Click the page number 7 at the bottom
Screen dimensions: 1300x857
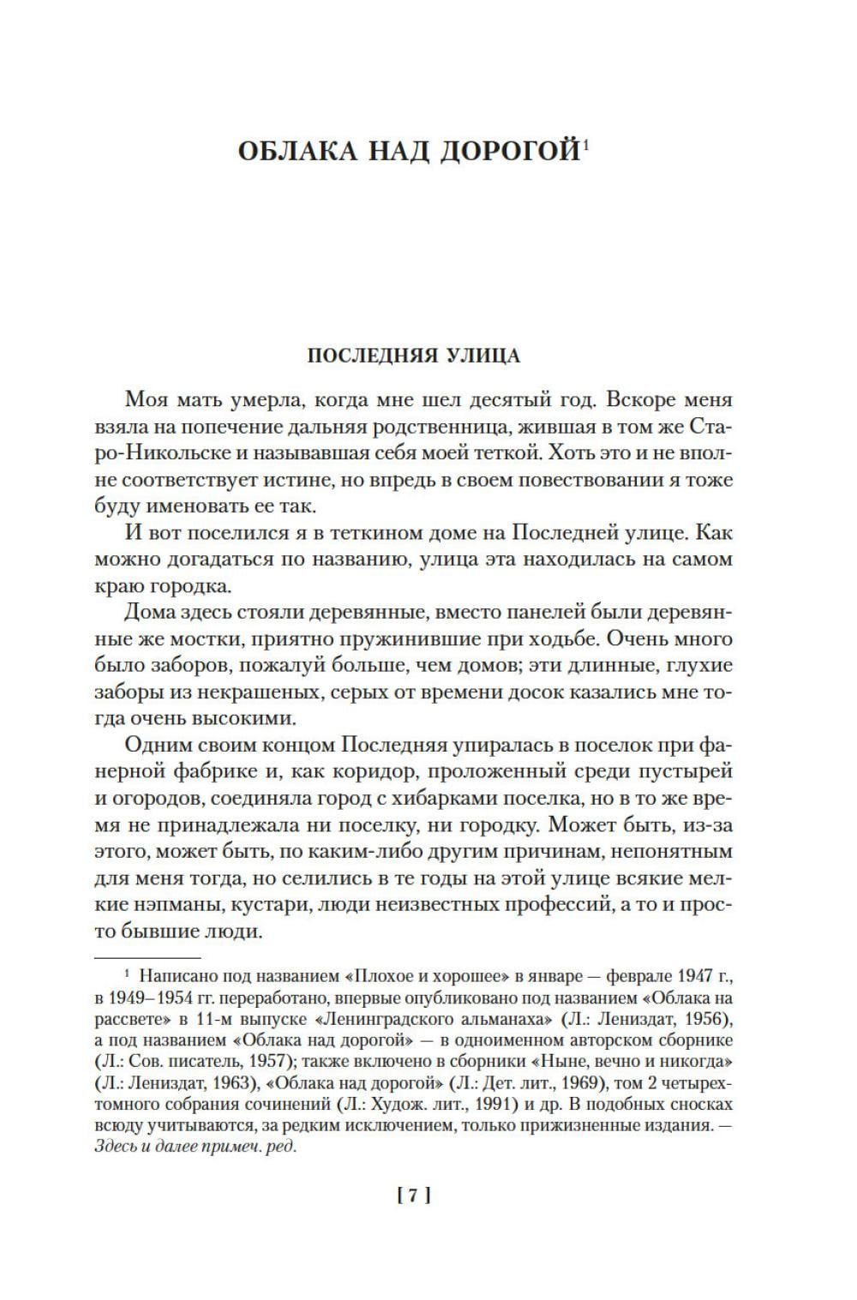412,1196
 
